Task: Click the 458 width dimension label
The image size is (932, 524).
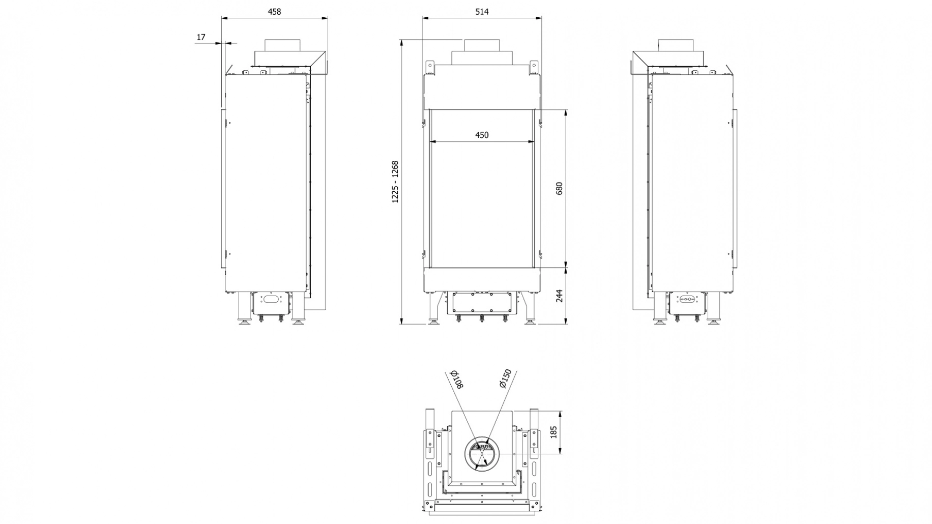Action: [274, 12]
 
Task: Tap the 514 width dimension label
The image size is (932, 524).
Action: [481, 12]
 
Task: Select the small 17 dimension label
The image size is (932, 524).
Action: [200, 37]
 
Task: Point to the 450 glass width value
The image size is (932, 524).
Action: [481, 135]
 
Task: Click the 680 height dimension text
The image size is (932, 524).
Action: [560, 189]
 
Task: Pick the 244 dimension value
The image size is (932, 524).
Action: [560, 296]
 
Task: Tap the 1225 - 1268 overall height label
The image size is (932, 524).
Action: [395, 182]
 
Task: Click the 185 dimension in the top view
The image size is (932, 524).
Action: [554, 432]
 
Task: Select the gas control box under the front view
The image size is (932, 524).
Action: [481, 303]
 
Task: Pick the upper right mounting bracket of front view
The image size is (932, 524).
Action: [533, 68]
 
